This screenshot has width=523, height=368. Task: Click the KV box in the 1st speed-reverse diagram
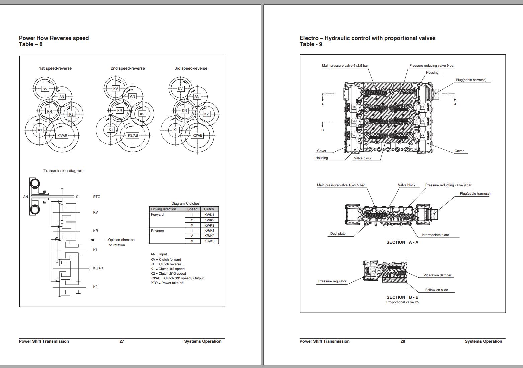(x=45, y=89)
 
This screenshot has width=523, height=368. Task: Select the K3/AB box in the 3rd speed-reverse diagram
(x=197, y=135)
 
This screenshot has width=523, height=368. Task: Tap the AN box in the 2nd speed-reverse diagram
(x=133, y=96)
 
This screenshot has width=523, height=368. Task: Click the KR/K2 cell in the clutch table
(x=209, y=236)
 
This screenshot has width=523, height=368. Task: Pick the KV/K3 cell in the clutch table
(x=209, y=225)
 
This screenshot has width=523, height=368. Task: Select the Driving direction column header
(x=163, y=209)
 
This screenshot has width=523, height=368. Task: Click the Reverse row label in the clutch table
(x=157, y=231)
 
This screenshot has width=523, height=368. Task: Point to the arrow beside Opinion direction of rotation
(x=98, y=240)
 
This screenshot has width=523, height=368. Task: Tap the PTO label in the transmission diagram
(x=97, y=197)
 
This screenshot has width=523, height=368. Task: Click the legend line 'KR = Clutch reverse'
(x=166, y=264)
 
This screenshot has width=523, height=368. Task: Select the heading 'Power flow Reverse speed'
(x=54, y=38)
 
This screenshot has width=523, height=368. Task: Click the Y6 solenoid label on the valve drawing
(x=354, y=107)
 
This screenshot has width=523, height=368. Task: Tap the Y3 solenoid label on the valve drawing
(x=422, y=135)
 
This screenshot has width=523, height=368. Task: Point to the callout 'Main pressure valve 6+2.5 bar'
(x=345, y=66)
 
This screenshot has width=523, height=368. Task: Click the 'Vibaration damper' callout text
(x=437, y=275)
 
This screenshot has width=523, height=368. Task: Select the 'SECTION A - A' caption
(x=402, y=242)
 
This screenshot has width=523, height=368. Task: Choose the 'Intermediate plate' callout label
(x=435, y=235)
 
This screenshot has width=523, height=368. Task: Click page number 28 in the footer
(x=403, y=341)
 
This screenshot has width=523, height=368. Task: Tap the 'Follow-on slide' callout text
(x=436, y=290)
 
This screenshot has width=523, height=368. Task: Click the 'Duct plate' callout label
(x=338, y=234)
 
